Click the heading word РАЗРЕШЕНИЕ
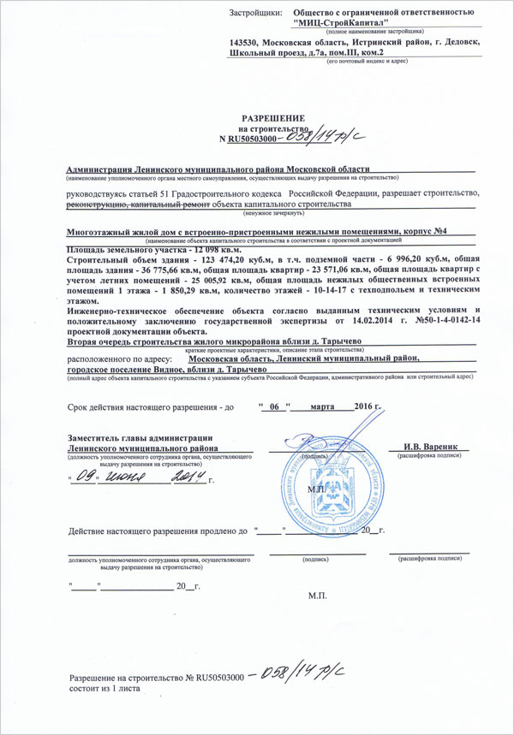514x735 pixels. coord(272,116)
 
